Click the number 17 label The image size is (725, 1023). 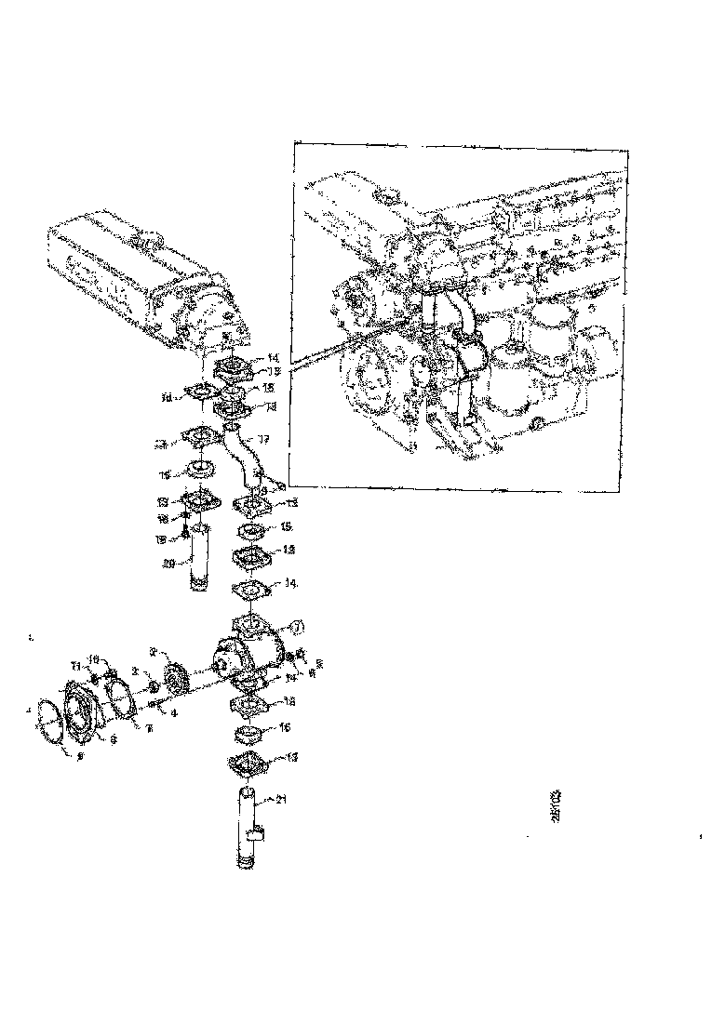(263, 439)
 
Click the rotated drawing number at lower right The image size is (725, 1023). (556, 804)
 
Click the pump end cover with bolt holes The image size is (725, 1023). (86, 711)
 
